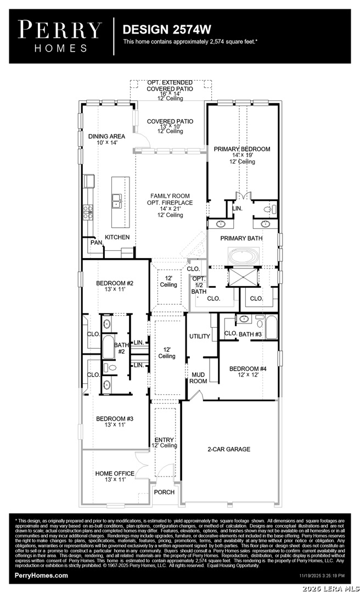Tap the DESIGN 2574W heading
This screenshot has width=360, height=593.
167,29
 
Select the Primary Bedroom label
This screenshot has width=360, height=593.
242,149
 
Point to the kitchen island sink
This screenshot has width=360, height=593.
117,200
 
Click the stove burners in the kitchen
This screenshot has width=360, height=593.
88,212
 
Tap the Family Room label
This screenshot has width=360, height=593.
170,196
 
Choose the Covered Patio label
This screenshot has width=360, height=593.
170,121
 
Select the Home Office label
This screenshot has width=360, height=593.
115,473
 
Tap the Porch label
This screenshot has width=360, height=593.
165,492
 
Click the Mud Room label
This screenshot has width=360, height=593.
198,378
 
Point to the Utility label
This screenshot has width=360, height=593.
200,336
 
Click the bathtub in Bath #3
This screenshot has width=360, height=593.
272,327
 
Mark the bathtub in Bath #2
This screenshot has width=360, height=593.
108,346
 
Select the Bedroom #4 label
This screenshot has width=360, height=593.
248,369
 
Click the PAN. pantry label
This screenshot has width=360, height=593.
97,242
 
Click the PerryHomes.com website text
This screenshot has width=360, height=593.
41,575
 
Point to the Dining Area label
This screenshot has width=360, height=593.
106,136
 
